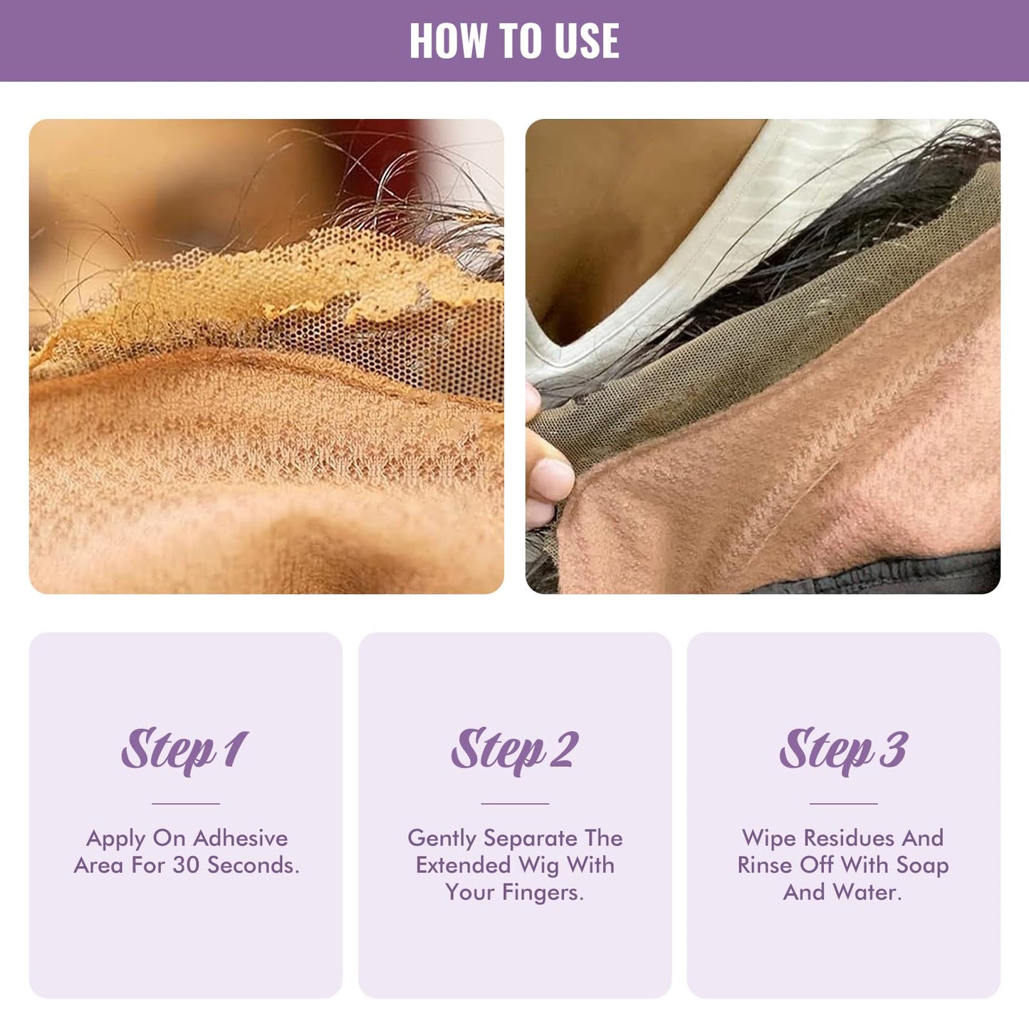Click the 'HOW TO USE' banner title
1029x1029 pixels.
[513, 41]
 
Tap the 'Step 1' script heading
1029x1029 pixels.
[184, 751]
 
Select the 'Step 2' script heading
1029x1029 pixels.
[514, 751]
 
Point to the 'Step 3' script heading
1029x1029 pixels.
[843, 751]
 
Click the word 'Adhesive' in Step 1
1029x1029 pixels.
[240, 838]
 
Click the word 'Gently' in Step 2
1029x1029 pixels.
[442, 839]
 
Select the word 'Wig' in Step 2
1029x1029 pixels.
[539, 865]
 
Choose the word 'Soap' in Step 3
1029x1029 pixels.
[922, 865]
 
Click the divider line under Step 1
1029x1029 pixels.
[185, 803]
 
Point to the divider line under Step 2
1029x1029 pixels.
[514, 803]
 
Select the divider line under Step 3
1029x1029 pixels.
[843, 803]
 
